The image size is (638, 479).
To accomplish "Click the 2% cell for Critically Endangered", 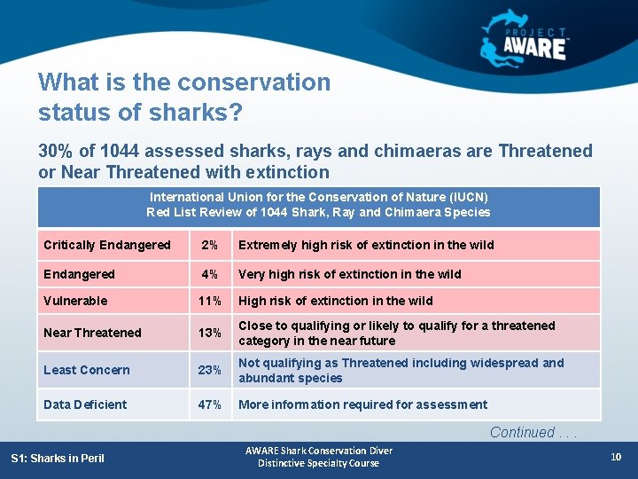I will tap(209, 245).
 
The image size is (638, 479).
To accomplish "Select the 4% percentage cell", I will tap(209, 274).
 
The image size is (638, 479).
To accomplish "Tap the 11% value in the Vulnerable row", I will tap(210, 301).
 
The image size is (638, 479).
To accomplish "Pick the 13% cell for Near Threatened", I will tap(210, 333).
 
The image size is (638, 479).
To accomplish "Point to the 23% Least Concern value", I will tap(210, 370).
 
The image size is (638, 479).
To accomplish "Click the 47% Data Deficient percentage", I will tap(210, 404).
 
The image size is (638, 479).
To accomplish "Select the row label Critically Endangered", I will tap(107, 245).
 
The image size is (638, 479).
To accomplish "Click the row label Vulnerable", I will tap(75, 301).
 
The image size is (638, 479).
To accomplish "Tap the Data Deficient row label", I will tap(85, 404).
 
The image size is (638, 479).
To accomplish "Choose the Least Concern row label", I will tap(87, 370).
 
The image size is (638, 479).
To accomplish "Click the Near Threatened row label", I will tap(92, 333).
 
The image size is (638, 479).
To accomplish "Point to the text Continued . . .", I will tap(522, 433).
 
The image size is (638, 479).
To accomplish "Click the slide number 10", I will tap(617, 457).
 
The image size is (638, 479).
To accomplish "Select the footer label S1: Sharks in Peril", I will tap(58, 458).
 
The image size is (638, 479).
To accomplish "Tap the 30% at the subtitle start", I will tap(58, 151).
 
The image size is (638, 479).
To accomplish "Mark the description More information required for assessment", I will tap(362, 404).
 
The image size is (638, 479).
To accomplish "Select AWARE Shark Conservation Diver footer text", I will tap(318, 451).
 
